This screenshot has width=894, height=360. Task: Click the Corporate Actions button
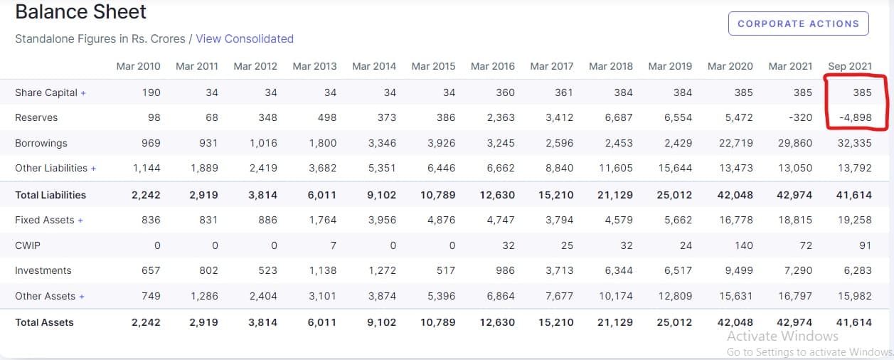coord(798,23)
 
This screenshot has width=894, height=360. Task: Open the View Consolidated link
coord(245,38)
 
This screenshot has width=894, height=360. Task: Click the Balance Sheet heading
coord(80,12)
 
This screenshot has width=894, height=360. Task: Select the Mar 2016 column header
coord(493,66)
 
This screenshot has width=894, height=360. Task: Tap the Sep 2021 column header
coord(849,66)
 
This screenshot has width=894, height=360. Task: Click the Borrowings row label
coord(41,143)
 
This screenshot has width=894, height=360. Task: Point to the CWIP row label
coord(27,245)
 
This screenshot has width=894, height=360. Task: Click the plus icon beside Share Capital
coord(83,93)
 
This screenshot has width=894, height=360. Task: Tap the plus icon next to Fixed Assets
coord(80,221)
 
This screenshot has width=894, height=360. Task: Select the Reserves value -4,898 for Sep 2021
coord(855,117)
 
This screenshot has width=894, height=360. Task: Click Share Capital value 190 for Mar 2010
coord(151,92)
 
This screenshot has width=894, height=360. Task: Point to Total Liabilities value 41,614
coord(854,195)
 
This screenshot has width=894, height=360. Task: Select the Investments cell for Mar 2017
coord(559,270)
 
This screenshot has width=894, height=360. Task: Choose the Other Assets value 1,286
coord(203,296)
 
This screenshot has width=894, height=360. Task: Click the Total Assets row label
coord(44,322)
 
